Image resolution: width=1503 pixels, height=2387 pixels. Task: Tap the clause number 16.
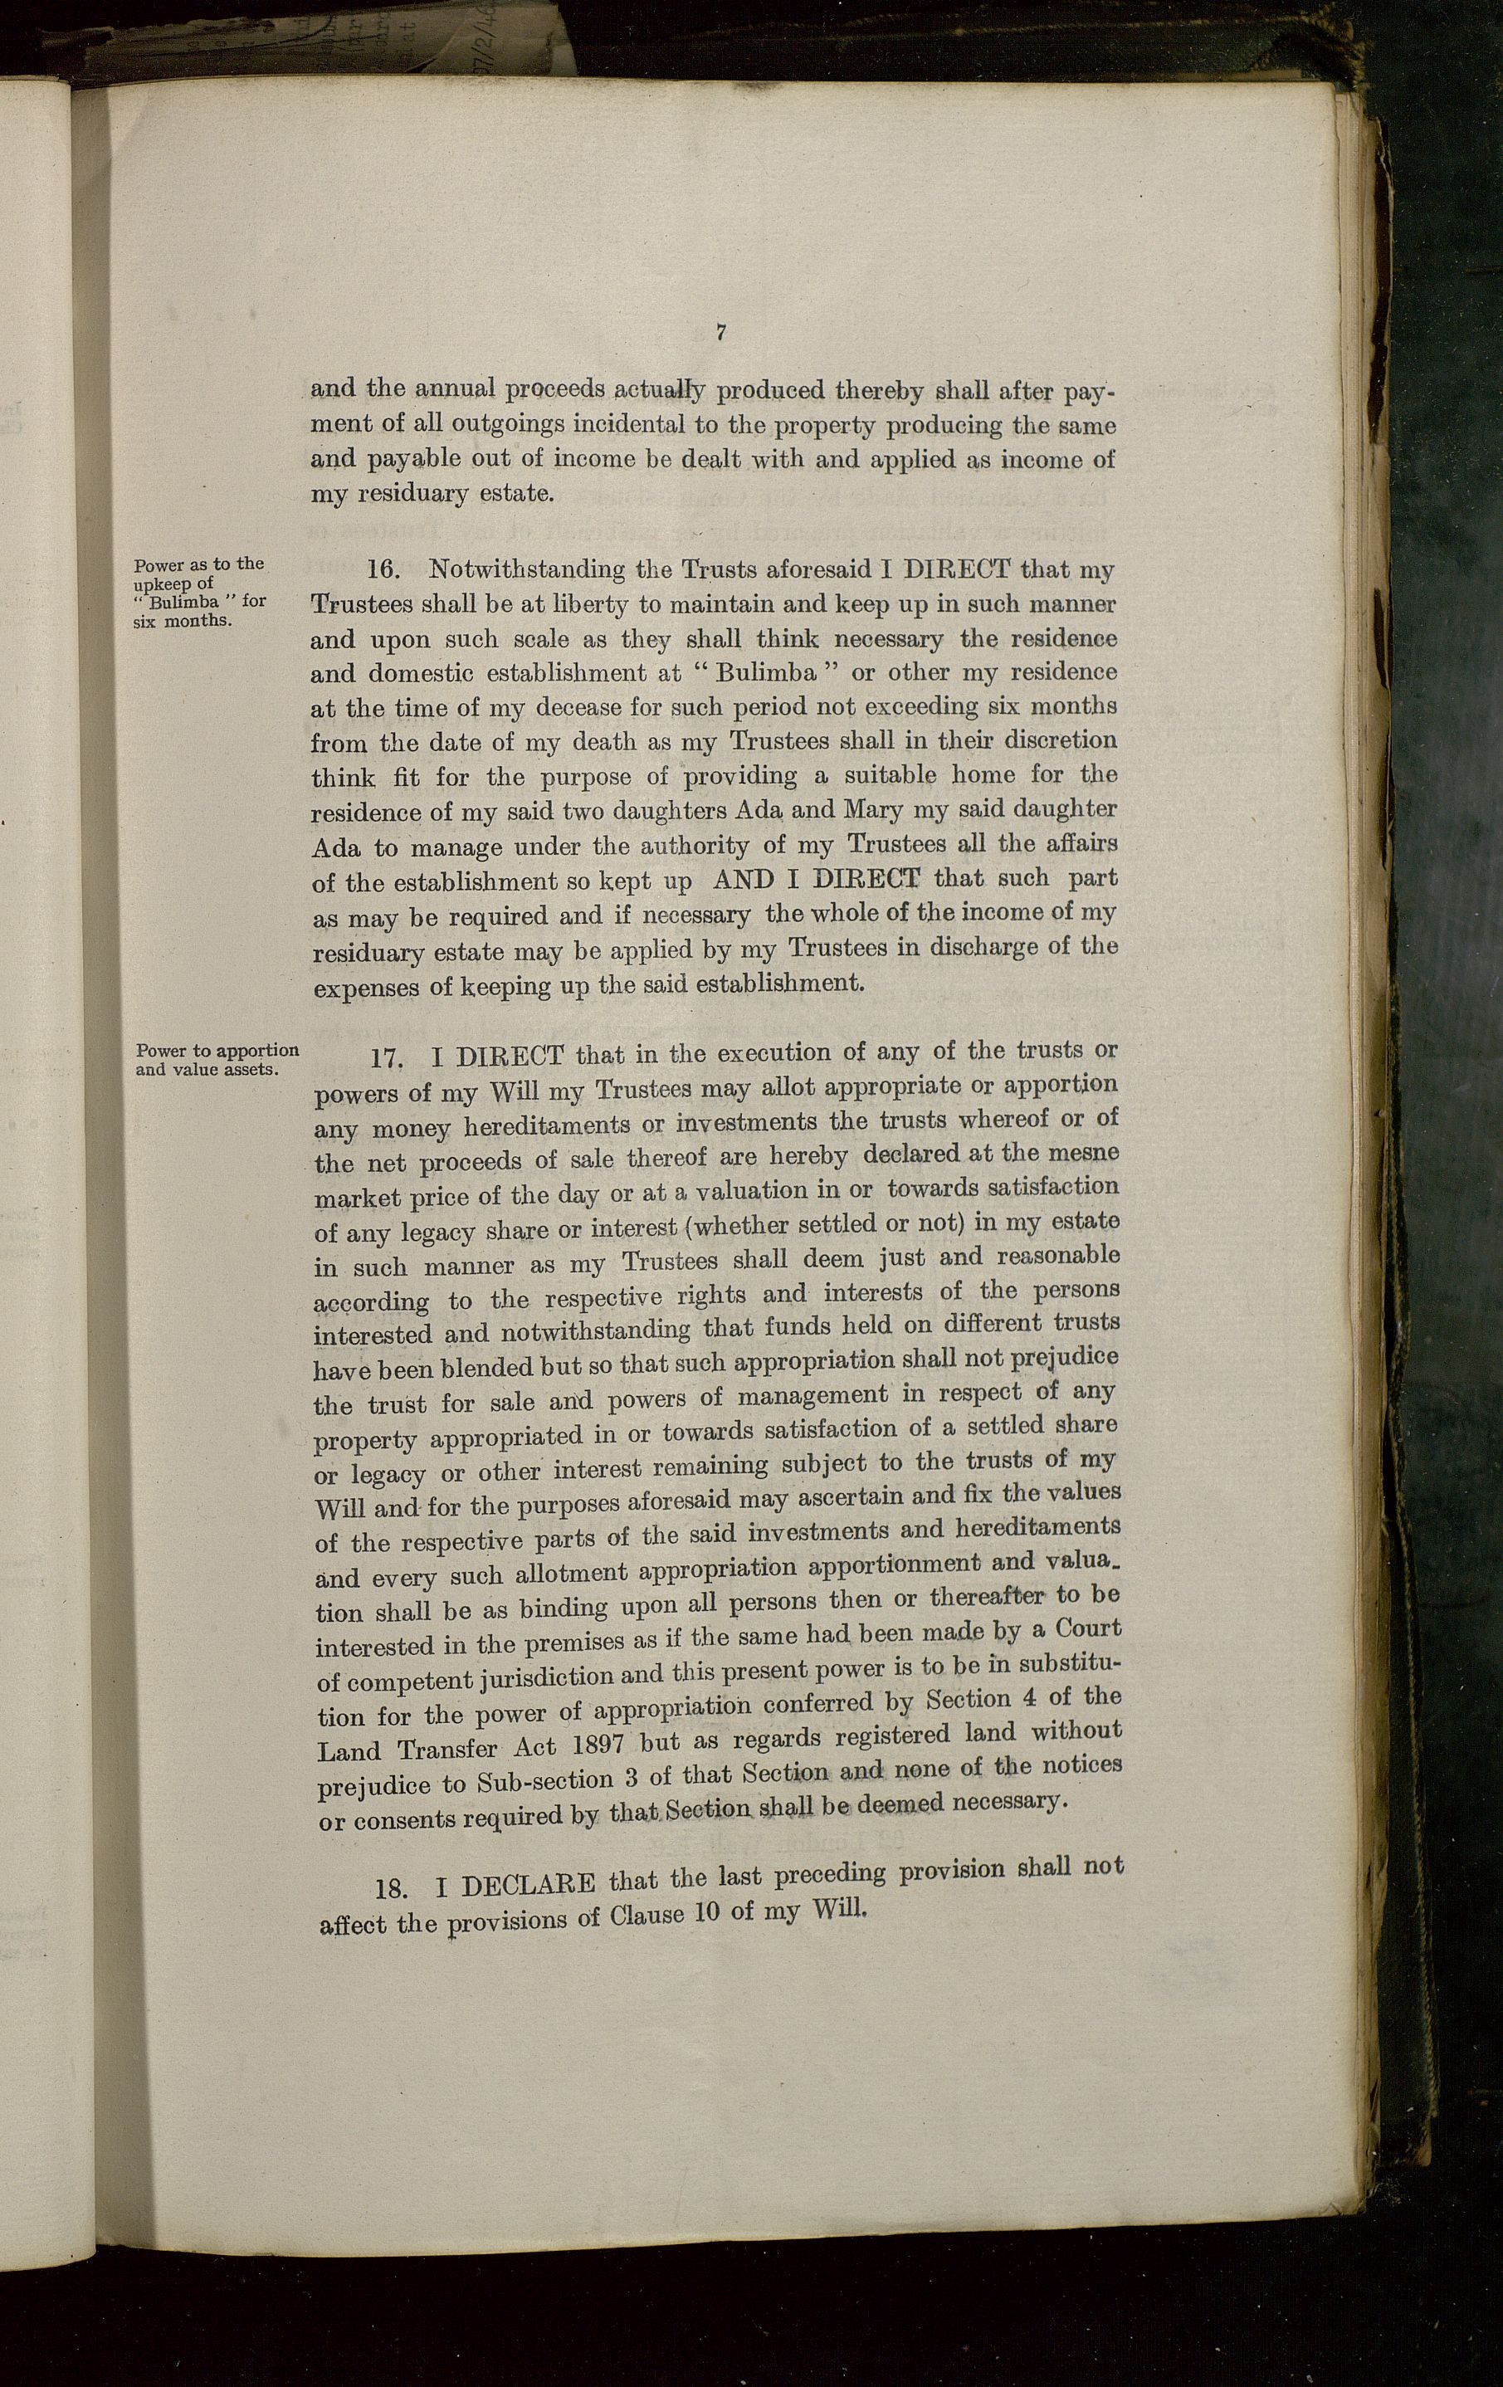(x=383, y=570)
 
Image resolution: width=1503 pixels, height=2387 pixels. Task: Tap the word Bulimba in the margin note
(x=188, y=602)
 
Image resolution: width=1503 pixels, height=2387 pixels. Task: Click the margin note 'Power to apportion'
(x=217, y=1051)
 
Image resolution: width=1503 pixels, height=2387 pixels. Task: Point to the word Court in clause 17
(x=1087, y=1630)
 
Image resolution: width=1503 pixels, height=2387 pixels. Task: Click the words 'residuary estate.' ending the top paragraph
(x=432, y=494)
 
